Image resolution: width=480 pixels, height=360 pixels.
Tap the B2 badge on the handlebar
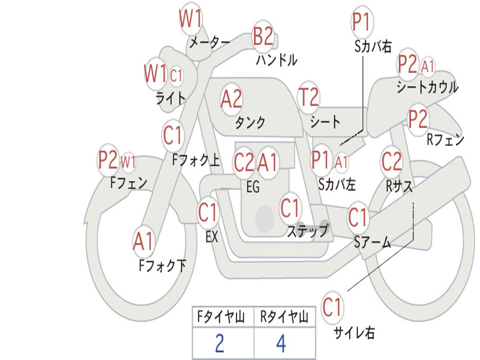coord(263,36)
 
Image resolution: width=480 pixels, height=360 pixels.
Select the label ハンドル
coord(277,60)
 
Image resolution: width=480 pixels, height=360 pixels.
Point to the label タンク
coord(250,123)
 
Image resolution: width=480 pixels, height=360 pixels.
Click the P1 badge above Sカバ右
coord(362,22)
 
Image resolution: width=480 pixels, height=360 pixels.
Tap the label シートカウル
coord(427,87)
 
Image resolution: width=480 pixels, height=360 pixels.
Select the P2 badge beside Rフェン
coord(418,120)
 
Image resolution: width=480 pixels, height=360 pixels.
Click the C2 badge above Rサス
coord(392,162)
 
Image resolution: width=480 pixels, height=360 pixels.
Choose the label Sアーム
coord(373,242)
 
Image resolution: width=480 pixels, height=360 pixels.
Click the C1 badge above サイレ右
coord(332,308)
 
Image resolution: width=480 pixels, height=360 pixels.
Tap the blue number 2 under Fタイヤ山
coord(219,344)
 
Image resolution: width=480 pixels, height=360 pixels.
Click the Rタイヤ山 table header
coord(285,318)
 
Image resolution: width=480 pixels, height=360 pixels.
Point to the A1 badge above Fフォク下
coord(143,242)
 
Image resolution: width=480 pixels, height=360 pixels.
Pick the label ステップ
coord(307,231)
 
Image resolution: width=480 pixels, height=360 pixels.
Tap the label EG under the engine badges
coord(253,187)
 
